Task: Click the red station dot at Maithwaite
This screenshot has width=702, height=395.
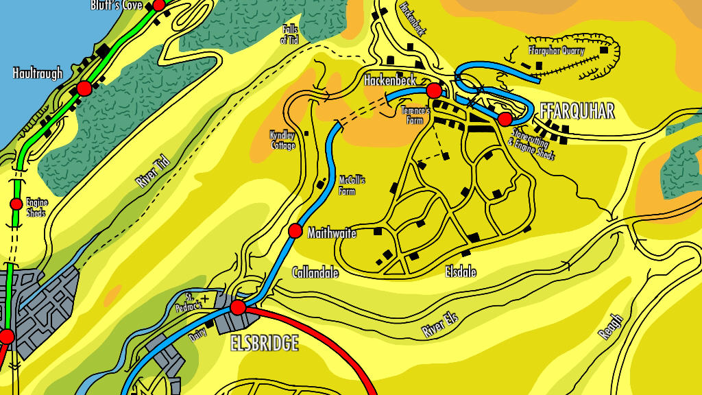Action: coord(295,231)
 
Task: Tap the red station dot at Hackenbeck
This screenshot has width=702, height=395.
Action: coord(433,91)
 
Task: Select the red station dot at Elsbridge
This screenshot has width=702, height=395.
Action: coord(238,307)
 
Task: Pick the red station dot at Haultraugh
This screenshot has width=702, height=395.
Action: coord(84,88)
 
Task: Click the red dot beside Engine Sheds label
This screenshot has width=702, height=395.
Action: coord(16,204)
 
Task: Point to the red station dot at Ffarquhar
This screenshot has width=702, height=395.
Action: coord(505,119)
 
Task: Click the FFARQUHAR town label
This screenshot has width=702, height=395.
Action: coord(577,112)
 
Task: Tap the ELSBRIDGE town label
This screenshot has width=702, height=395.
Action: coord(265,343)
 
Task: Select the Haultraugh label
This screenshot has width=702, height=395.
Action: coord(38,73)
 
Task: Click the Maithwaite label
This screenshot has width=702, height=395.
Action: coord(332,233)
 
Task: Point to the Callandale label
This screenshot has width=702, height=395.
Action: coord(315,272)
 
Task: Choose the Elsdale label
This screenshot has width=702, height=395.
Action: coord(461,272)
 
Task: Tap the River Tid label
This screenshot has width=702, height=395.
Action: coord(152,171)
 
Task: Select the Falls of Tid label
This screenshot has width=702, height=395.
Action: coord(290,35)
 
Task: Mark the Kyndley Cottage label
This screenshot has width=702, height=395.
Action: coord(282,140)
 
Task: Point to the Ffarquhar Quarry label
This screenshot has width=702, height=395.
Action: coord(556,50)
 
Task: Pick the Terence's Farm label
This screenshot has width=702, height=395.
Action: coord(415,115)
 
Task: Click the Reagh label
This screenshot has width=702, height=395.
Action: coord(610,326)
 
